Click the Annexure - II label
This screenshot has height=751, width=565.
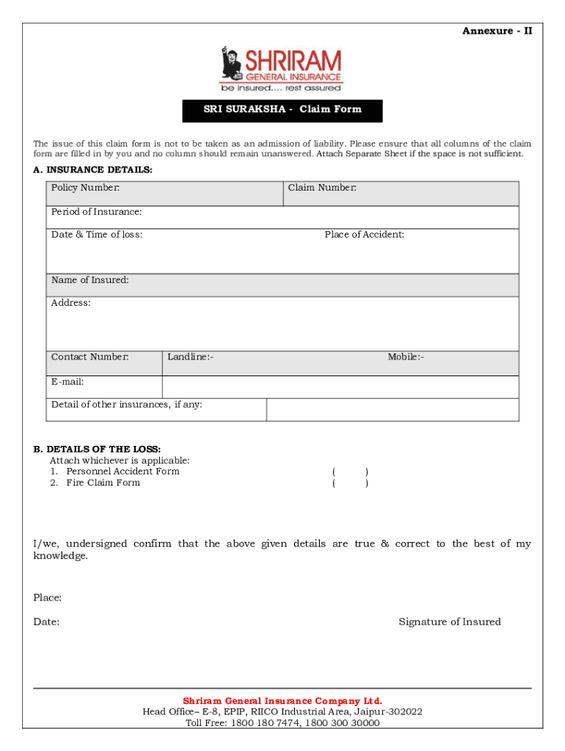pyautogui.click(x=497, y=31)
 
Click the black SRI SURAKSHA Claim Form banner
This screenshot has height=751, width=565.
pyautogui.click(x=282, y=110)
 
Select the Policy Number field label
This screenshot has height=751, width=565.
pyautogui.click(x=85, y=188)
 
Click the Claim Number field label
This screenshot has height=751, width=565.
pyautogui.click(x=322, y=188)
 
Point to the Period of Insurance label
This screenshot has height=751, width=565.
pyautogui.click(x=96, y=212)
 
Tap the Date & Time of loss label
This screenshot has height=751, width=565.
pyautogui.click(x=97, y=235)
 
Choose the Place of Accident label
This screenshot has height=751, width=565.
pyautogui.click(x=364, y=235)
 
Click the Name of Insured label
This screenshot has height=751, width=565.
pyautogui.click(x=90, y=280)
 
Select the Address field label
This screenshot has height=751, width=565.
pyautogui.click(x=71, y=303)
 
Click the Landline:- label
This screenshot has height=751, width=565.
pyautogui.click(x=190, y=357)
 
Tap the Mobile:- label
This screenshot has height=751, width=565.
pyautogui.click(x=406, y=357)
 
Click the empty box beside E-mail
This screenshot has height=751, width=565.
pyautogui.click(x=340, y=387)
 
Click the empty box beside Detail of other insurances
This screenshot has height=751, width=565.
pyautogui.click(x=392, y=410)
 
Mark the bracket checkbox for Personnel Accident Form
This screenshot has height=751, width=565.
pyautogui.click(x=350, y=472)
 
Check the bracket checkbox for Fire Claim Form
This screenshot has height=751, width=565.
pyautogui.click(x=350, y=483)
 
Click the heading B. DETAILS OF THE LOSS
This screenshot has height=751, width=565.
pyautogui.click(x=97, y=449)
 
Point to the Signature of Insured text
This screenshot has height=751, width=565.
pyautogui.click(x=449, y=622)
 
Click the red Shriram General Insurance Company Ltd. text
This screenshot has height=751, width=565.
pyautogui.click(x=282, y=700)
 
